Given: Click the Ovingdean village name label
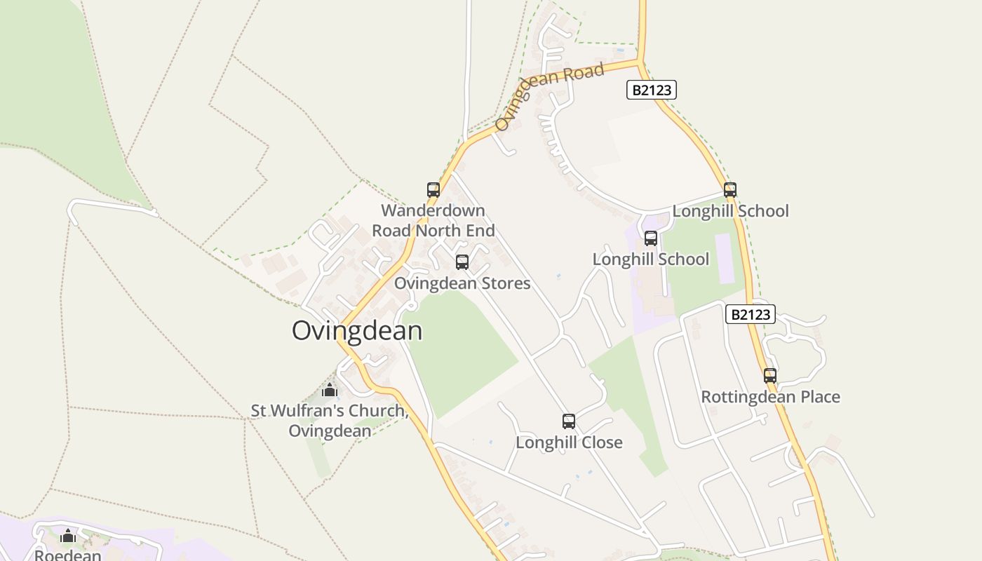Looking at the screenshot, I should pyautogui.click(x=357, y=330).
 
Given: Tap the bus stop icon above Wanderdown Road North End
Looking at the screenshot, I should pyautogui.click(x=433, y=189).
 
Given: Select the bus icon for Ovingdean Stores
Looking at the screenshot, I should pyautogui.click(x=462, y=262).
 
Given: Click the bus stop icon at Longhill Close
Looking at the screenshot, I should pyautogui.click(x=569, y=421).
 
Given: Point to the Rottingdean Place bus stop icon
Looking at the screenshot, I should pyautogui.click(x=770, y=376).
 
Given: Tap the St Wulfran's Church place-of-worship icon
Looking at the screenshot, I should pyautogui.click(x=330, y=390).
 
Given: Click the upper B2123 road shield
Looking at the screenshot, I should pyautogui.click(x=651, y=90).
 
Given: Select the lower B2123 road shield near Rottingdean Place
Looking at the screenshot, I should pyautogui.click(x=751, y=314).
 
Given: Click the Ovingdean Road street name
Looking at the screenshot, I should pyautogui.click(x=549, y=96).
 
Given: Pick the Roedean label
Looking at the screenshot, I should pyautogui.click(x=68, y=555).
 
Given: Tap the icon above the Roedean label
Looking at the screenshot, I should pyautogui.click(x=68, y=536).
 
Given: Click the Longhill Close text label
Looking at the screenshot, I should pyautogui.click(x=569, y=442).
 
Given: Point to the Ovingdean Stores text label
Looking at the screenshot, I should pyautogui.click(x=462, y=283).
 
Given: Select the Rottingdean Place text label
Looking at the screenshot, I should pyautogui.click(x=770, y=397).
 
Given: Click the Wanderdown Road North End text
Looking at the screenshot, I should pyautogui.click(x=433, y=220).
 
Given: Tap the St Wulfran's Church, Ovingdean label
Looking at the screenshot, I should pyautogui.click(x=330, y=420).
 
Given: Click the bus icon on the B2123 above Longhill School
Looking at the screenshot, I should pyautogui.click(x=730, y=190).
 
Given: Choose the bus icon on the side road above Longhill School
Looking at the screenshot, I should pyautogui.click(x=651, y=238).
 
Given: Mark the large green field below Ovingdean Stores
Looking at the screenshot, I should pyautogui.click(x=459, y=351).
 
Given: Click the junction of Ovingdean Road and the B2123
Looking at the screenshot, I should pyautogui.click(x=640, y=62).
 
